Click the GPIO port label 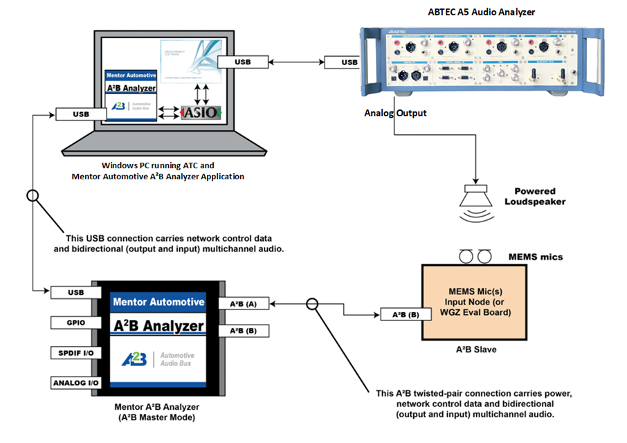(x=72, y=323)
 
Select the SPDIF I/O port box (x=72, y=353)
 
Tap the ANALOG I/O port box (x=72, y=383)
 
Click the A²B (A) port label (x=244, y=303)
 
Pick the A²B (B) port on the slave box (x=402, y=315)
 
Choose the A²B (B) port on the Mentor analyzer (x=244, y=331)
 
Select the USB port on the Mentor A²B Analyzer (x=72, y=292)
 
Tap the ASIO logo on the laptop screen (x=201, y=111)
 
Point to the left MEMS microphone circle (x=468, y=257)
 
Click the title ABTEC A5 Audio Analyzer (x=481, y=12)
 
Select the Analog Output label (x=395, y=113)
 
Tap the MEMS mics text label (x=536, y=257)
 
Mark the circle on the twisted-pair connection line (x=312, y=303)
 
